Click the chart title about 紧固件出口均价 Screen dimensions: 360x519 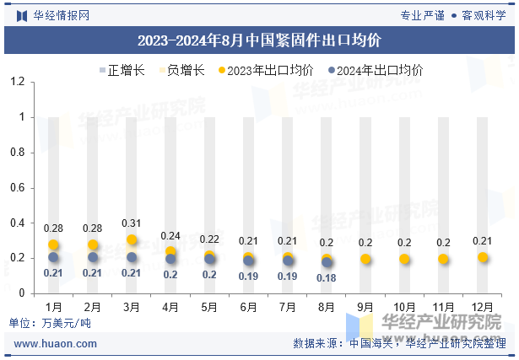[x=259, y=40]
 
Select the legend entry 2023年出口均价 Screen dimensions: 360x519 [x=267, y=71]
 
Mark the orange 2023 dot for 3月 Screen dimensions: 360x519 [x=132, y=240]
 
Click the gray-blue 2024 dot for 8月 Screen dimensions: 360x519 [x=327, y=262]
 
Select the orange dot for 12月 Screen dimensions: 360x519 [x=483, y=257]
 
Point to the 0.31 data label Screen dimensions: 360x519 [x=132, y=223]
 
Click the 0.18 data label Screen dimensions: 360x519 [x=327, y=277]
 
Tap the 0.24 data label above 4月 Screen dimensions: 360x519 [x=171, y=236]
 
